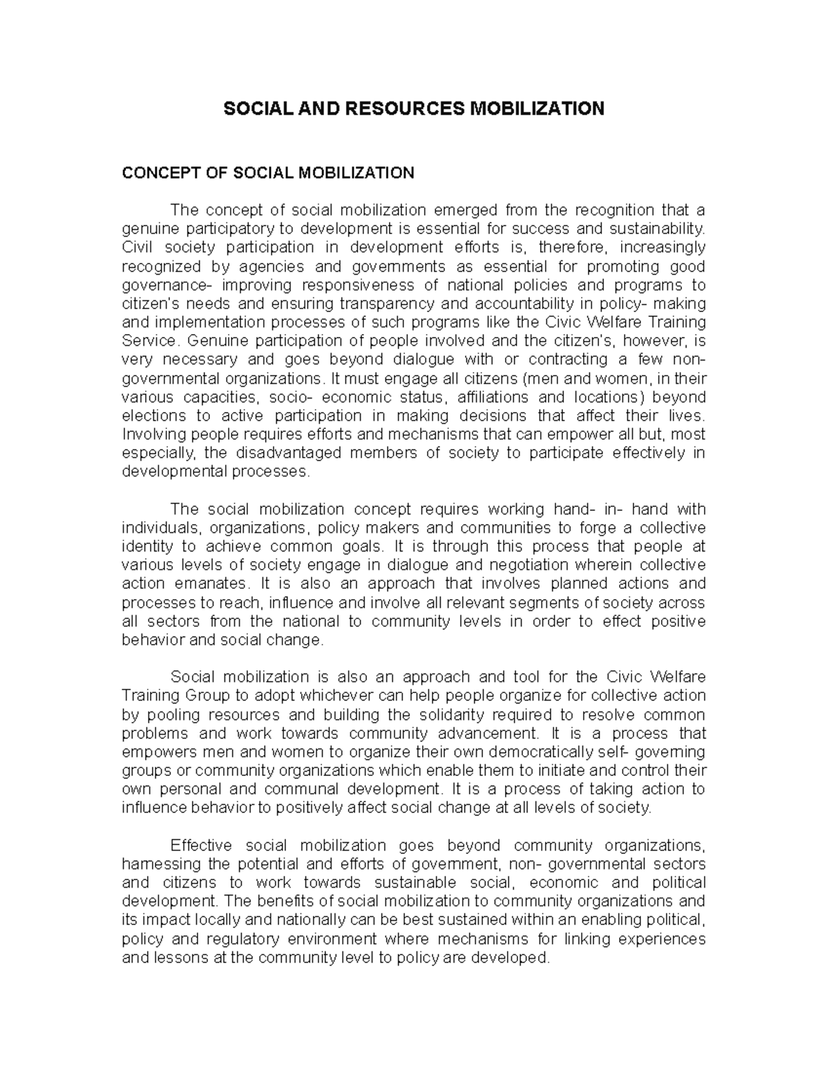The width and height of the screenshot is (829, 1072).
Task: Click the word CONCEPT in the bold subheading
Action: (155, 173)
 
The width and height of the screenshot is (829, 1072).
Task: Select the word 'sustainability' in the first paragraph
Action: (659, 229)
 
